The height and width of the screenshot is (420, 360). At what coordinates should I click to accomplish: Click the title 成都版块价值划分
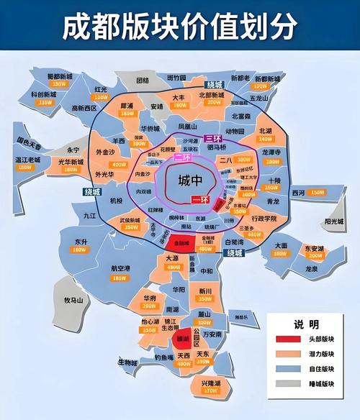pos(179,27)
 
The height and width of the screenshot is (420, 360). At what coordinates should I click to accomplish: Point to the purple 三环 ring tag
pos(212,138)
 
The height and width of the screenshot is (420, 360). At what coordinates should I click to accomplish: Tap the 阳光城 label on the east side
pos(336,222)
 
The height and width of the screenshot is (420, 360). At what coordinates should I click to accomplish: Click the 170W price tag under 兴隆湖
pos(211,391)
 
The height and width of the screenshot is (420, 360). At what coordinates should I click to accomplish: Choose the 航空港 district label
pos(121,268)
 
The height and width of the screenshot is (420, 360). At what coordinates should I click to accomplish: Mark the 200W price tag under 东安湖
pos(315,256)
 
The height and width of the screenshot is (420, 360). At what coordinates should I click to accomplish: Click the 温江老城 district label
pos(25,159)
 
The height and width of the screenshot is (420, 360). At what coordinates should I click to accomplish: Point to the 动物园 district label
pos(235,132)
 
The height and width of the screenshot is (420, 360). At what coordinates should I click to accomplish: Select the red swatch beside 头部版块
pos(284,339)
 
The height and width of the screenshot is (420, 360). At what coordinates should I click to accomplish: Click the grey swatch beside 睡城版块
pos(284,384)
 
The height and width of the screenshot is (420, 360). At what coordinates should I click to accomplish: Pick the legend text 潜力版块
pos(318,354)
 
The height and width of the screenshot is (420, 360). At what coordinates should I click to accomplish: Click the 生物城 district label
pos(127,362)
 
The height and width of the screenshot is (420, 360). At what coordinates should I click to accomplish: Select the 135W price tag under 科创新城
pos(45,103)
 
